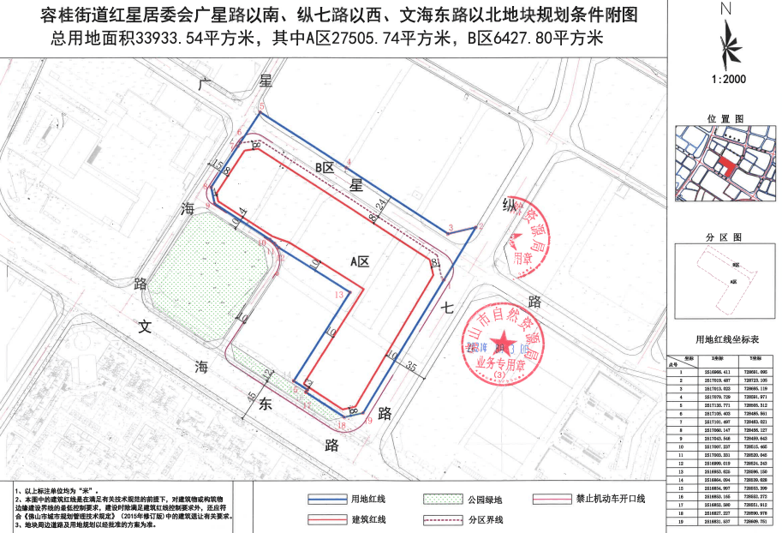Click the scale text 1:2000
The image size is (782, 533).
pos(729,80)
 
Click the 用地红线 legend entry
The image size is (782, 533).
pos(362,499)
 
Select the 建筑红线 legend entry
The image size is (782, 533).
pos(362,518)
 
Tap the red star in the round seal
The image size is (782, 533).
pos(504,337)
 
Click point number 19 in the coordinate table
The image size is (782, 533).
pos(682,520)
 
